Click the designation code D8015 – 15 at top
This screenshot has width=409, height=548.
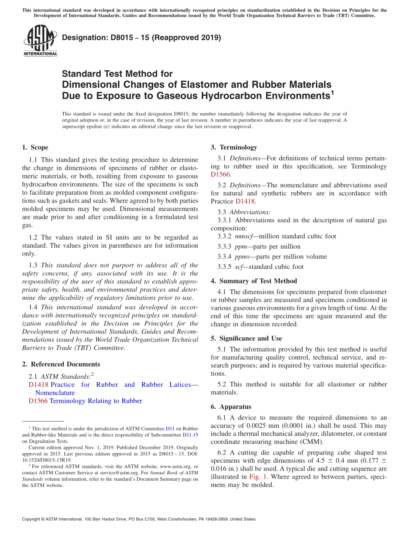coord(141,38)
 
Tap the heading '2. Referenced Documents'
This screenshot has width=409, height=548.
coord(61,364)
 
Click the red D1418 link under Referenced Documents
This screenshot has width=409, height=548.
coord(39,385)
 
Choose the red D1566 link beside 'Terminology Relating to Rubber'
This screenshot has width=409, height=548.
coord(38,401)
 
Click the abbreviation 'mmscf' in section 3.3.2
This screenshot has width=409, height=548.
coord(244,237)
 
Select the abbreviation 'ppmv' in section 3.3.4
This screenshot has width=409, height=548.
coord(242,257)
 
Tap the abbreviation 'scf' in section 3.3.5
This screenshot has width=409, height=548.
coord(239,267)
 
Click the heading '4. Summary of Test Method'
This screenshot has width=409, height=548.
coord(254,281)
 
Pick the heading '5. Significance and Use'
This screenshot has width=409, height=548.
coord(246,339)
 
